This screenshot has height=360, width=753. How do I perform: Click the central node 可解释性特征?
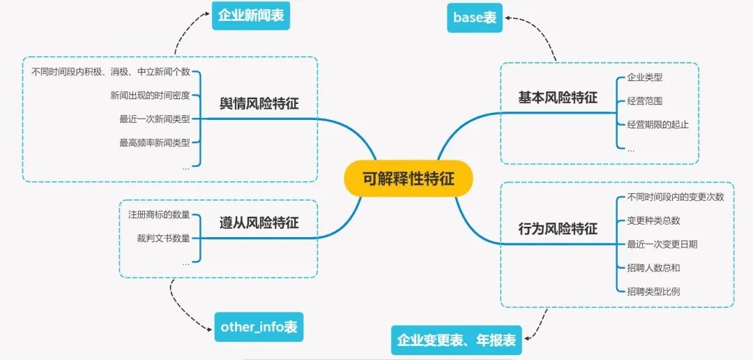point(408,179)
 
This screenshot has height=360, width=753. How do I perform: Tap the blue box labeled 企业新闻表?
point(251,16)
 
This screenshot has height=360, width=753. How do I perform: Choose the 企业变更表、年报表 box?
point(457,340)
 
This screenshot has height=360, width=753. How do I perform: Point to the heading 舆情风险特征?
point(259,104)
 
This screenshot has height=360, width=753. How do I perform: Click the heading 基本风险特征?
point(558,98)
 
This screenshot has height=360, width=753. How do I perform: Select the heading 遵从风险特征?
point(259,223)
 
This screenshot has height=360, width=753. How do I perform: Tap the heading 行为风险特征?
point(558,229)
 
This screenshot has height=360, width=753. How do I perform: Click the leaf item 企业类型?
point(644,77)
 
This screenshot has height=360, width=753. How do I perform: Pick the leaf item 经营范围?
point(644,101)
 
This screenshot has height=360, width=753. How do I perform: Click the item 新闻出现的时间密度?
point(150,95)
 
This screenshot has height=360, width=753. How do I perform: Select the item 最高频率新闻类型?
point(154,142)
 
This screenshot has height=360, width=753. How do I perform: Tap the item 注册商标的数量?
point(158,214)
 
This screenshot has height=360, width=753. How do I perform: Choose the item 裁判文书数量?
point(163,239)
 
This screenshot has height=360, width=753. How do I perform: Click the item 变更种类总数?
point(653,220)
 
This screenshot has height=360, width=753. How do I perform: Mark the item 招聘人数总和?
point(653,268)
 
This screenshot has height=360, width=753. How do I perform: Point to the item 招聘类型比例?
point(653,291)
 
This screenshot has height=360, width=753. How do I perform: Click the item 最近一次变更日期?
point(662,244)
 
